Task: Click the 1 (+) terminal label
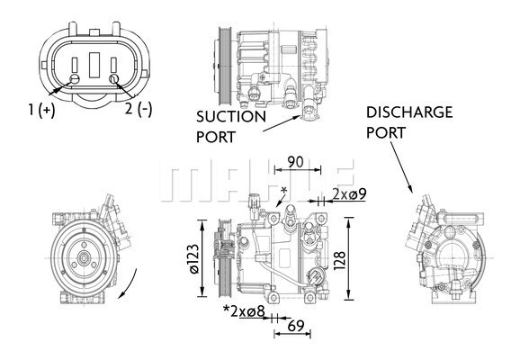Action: (41, 111)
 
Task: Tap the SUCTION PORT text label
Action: (231, 127)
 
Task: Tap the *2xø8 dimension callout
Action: (244, 312)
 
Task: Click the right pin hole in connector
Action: (113, 81)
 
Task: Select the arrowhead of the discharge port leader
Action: (412, 193)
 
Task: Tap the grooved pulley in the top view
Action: (220, 64)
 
